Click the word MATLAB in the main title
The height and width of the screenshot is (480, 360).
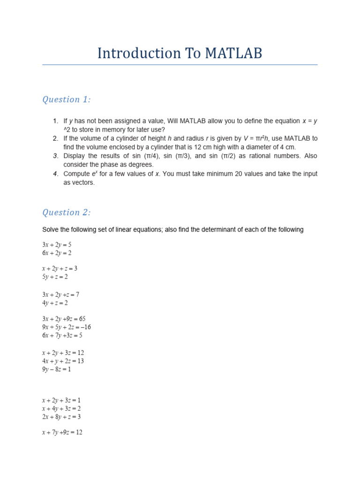233,53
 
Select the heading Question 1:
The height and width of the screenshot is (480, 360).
67,99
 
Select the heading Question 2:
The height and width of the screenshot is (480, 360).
67,212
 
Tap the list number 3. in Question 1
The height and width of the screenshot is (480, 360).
55,156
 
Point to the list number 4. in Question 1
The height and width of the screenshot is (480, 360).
55,174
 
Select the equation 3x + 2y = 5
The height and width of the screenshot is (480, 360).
57,244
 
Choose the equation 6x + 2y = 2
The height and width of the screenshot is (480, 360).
57,253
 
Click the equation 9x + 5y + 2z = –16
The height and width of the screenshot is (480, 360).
66,327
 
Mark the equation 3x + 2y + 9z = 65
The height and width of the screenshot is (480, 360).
64,319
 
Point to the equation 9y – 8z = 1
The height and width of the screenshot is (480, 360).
56,369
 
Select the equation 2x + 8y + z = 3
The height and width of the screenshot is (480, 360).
61,417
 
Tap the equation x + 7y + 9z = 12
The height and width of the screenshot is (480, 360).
62,432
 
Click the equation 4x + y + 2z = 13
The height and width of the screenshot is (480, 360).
63,361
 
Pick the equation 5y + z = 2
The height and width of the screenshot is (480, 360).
55,277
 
